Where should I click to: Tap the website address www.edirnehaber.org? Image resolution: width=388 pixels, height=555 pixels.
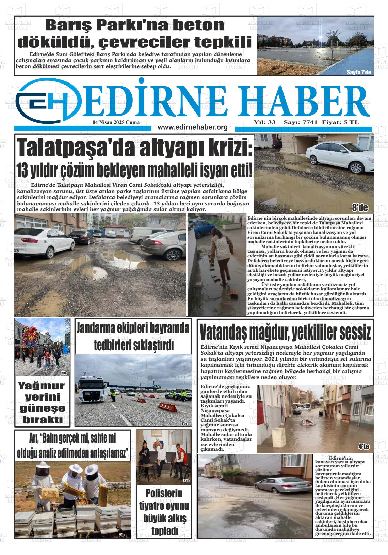[x=193, y=127]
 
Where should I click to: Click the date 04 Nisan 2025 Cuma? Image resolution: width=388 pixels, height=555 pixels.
[x=116, y=122]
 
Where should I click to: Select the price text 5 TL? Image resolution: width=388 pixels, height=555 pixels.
[x=353, y=122]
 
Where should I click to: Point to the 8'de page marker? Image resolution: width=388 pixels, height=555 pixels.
[x=359, y=208]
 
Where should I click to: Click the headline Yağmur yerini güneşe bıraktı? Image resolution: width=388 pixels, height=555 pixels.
[x=42, y=403]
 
